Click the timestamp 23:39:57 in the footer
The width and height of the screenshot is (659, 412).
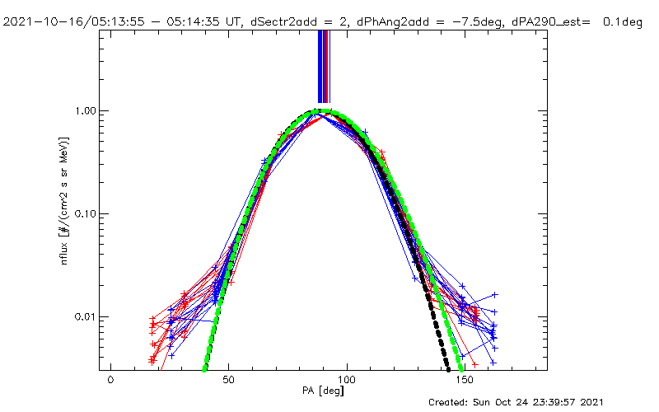pyautogui.click(x=563, y=403)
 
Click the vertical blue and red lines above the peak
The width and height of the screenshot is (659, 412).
pyautogui.click(x=324, y=66)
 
